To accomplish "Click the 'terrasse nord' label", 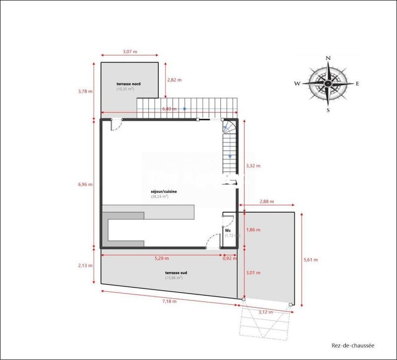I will pyautogui.click(x=129, y=84).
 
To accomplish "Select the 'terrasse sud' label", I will pyautogui.click(x=176, y=273).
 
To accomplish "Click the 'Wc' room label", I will pyautogui.click(x=228, y=231).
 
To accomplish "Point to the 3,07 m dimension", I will pyautogui.click(x=130, y=51).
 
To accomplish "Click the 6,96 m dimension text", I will pyautogui.click(x=85, y=184).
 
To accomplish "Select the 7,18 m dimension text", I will pyautogui.click(x=169, y=301).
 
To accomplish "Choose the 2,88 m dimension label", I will pyautogui.click(x=266, y=202).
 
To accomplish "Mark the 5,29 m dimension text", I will pyautogui.click(x=161, y=258).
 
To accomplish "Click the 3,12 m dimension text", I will pyautogui.click(x=266, y=312).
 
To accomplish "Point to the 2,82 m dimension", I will pyautogui.click(x=175, y=79).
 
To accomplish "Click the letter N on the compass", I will pyautogui.click(x=328, y=59).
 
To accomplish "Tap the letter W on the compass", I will pyautogui.click(x=297, y=84).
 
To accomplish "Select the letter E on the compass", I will pyautogui.click(x=357, y=84).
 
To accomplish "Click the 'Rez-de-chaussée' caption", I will pyautogui.click(x=353, y=346).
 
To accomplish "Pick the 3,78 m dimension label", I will pyautogui.click(x=85, y=91).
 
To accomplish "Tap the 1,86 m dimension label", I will pyautogui.click(x=253, y=230).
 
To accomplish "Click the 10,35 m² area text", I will pyautogui.click(x=126, y=89).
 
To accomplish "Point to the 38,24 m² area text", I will pyautogui.click(x=159, y=196).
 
